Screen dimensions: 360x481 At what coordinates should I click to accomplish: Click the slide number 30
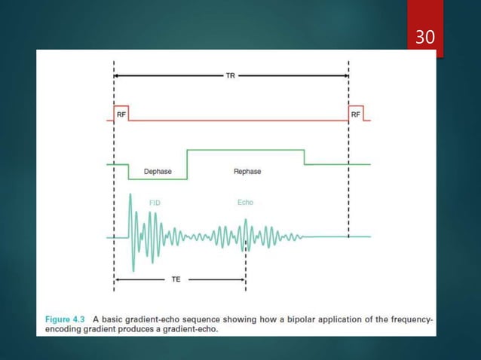[424, 35]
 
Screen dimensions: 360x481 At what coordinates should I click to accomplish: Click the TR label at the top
[231, 76]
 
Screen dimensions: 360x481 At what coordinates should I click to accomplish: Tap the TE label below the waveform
[176, 279]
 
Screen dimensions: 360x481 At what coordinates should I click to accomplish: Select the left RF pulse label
[121, 113]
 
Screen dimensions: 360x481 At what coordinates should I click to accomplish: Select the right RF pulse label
[356, 113]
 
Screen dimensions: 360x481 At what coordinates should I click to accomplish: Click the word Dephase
[158, 172]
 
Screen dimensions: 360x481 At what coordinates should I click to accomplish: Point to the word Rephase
[247, 172]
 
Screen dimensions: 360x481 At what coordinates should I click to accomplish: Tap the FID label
[155, 203]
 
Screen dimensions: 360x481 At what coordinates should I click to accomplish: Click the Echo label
[245, 203]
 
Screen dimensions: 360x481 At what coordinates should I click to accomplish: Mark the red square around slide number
[424, 30]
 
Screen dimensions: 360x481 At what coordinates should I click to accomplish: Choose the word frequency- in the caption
[409, 319]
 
